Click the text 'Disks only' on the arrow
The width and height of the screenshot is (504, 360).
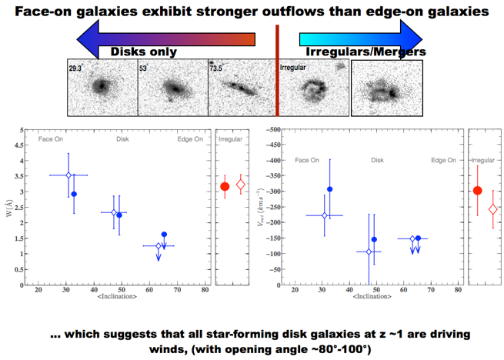click(145, 52)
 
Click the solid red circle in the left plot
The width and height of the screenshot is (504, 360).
click(225, 186)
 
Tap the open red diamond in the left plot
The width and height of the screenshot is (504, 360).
click(241, 185)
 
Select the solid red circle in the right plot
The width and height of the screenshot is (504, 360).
click(478, 191)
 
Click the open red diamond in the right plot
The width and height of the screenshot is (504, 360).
click(493, 209)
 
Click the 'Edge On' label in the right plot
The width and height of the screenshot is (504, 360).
click(445, 161)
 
